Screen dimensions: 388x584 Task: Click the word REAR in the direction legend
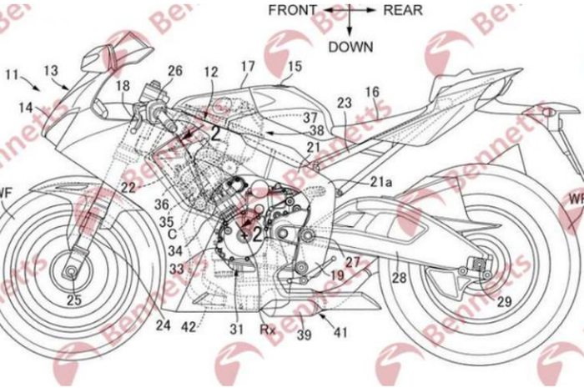click(403, 11)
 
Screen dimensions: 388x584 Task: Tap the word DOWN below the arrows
click(350, 47)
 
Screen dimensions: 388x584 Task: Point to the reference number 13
click(51, 71)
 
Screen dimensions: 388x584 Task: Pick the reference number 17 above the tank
click(248, 65)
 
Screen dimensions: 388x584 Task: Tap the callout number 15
click(295, 65)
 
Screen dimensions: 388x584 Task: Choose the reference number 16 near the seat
click(372, 91)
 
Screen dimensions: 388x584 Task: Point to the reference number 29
click(504, 302)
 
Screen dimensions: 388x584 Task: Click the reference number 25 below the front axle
click(74, 299)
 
